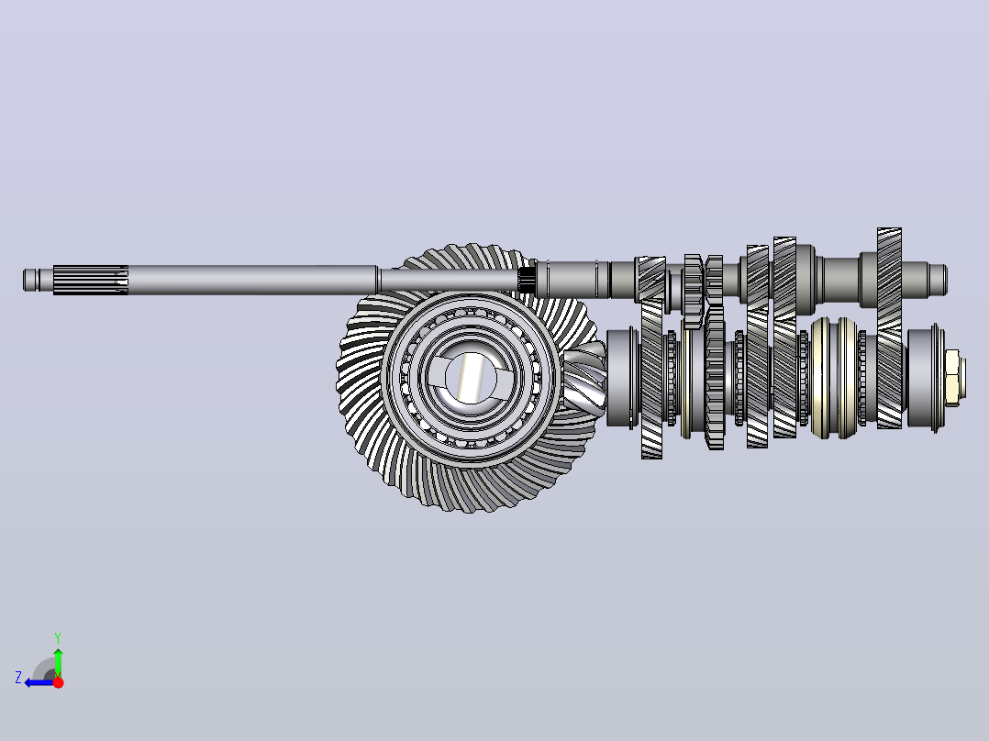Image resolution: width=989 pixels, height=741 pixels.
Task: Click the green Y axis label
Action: (58, 638)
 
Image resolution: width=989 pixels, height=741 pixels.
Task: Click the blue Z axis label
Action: (18, 678)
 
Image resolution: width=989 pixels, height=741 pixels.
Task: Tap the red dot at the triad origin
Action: (58, 682)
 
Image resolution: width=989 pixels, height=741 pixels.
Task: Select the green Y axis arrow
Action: (58, 662)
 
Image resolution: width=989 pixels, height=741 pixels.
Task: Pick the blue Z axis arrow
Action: (39, 682)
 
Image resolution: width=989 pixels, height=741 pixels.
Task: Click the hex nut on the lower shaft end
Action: (951, 379)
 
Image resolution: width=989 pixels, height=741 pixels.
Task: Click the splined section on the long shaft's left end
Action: (91, 280)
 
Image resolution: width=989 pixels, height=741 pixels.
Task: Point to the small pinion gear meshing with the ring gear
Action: (584, 380)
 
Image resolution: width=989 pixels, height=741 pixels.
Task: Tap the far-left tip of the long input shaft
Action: (23, 280)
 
